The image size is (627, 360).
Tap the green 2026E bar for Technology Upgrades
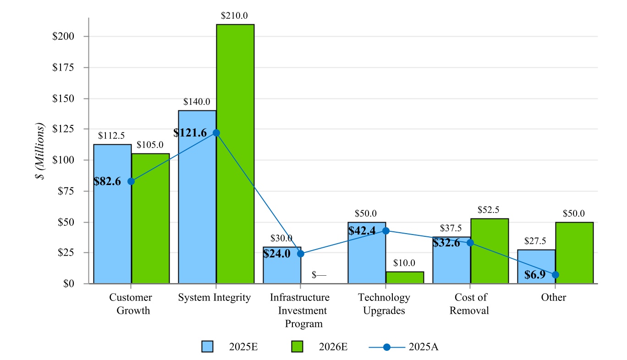coord(405,278)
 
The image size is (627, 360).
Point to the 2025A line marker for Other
coord(555,275)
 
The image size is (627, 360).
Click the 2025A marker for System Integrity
coord(216,133)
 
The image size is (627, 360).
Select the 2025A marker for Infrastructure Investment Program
coord(301,254)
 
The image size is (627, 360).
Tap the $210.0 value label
coord(235,15)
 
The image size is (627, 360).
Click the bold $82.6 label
coord(107,181)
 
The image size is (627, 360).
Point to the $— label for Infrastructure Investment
coord(319,275)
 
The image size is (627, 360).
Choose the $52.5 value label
coord(489,210)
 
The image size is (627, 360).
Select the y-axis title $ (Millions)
coord(42,151)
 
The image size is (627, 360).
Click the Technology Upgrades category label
coord(384,304)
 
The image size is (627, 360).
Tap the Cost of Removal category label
coord(469,304)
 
